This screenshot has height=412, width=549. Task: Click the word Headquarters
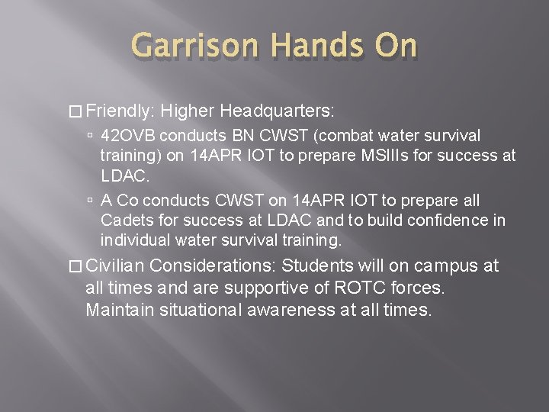click(x=274, y=110)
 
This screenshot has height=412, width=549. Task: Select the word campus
click(x=446, y=266)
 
